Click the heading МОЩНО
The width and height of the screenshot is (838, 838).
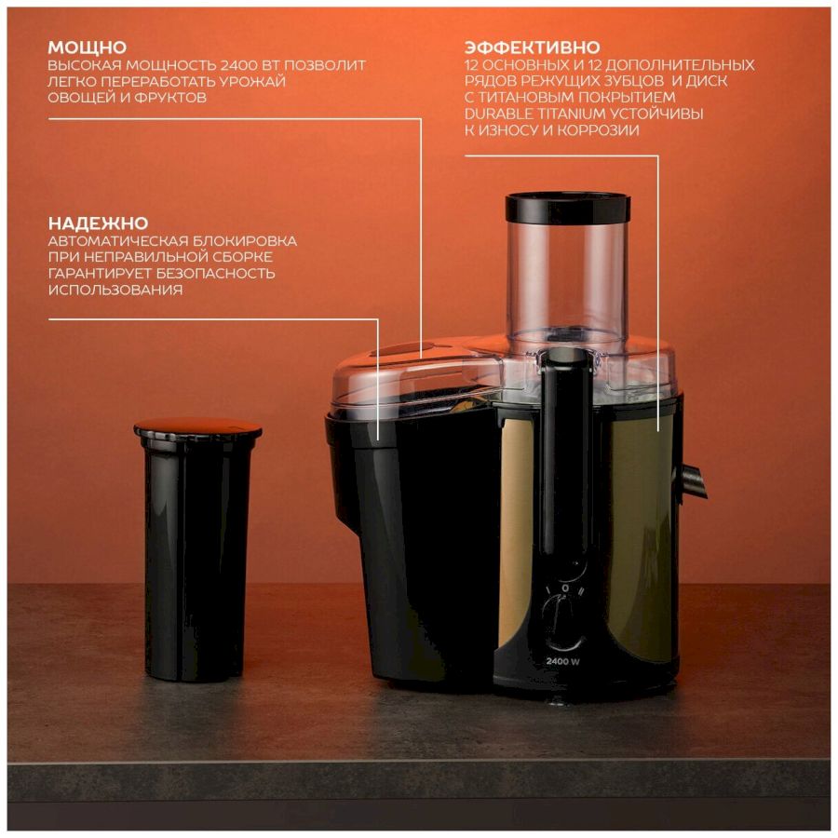pyautogui.click(x=88, y=47)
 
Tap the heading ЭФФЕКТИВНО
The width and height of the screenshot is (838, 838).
pyautogui.click(x=533, y=47)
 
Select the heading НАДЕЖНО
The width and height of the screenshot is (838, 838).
pyautogui.click(x=99, y=223)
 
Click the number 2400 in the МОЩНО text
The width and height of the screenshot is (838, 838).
pyautogui.click(x=238, y=65)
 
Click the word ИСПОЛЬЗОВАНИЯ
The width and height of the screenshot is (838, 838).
pyautogui.click(x=115, y=290)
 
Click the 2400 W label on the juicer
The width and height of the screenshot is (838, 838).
pyautogui.click(x=562, y=661)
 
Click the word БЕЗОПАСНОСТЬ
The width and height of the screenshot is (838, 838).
pyautogui.click(x=215, y=274)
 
